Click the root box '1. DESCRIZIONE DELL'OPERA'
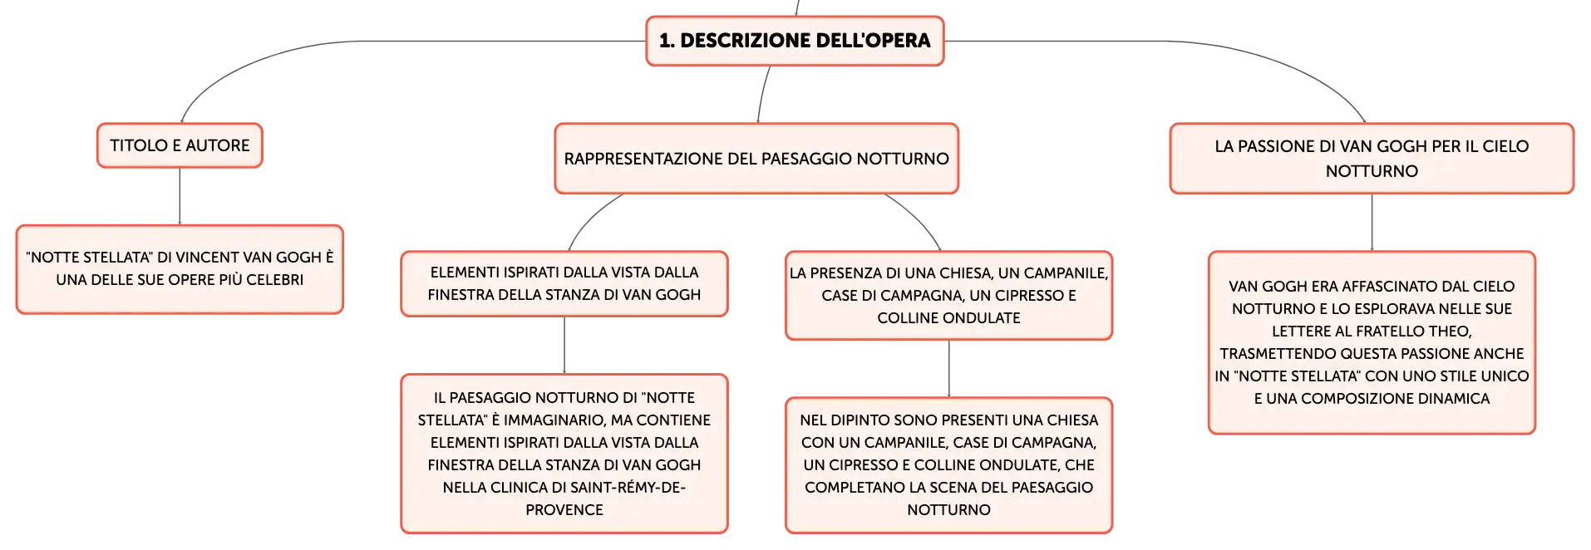coord(795,41)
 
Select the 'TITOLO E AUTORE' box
coord(180,145)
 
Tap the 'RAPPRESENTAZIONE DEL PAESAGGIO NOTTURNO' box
coord(756,159)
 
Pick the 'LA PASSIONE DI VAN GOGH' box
coord(1372,159)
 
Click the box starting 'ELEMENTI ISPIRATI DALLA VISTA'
coord(564,283)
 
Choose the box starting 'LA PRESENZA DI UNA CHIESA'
coord(948,295)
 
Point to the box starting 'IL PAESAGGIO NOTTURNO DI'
coord(564,454)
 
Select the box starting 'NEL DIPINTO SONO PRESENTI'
coord(948,464)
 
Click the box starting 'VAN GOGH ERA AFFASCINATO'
coord(1372,342)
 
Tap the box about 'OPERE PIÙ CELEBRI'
coord(180,269)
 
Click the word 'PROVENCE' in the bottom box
coord(564,509)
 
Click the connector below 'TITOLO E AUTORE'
coord(180,196)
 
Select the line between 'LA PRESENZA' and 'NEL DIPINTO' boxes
coord(948,368)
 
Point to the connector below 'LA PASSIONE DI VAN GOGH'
coord(1372,223)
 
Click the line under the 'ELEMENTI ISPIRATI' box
coord(564,345)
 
